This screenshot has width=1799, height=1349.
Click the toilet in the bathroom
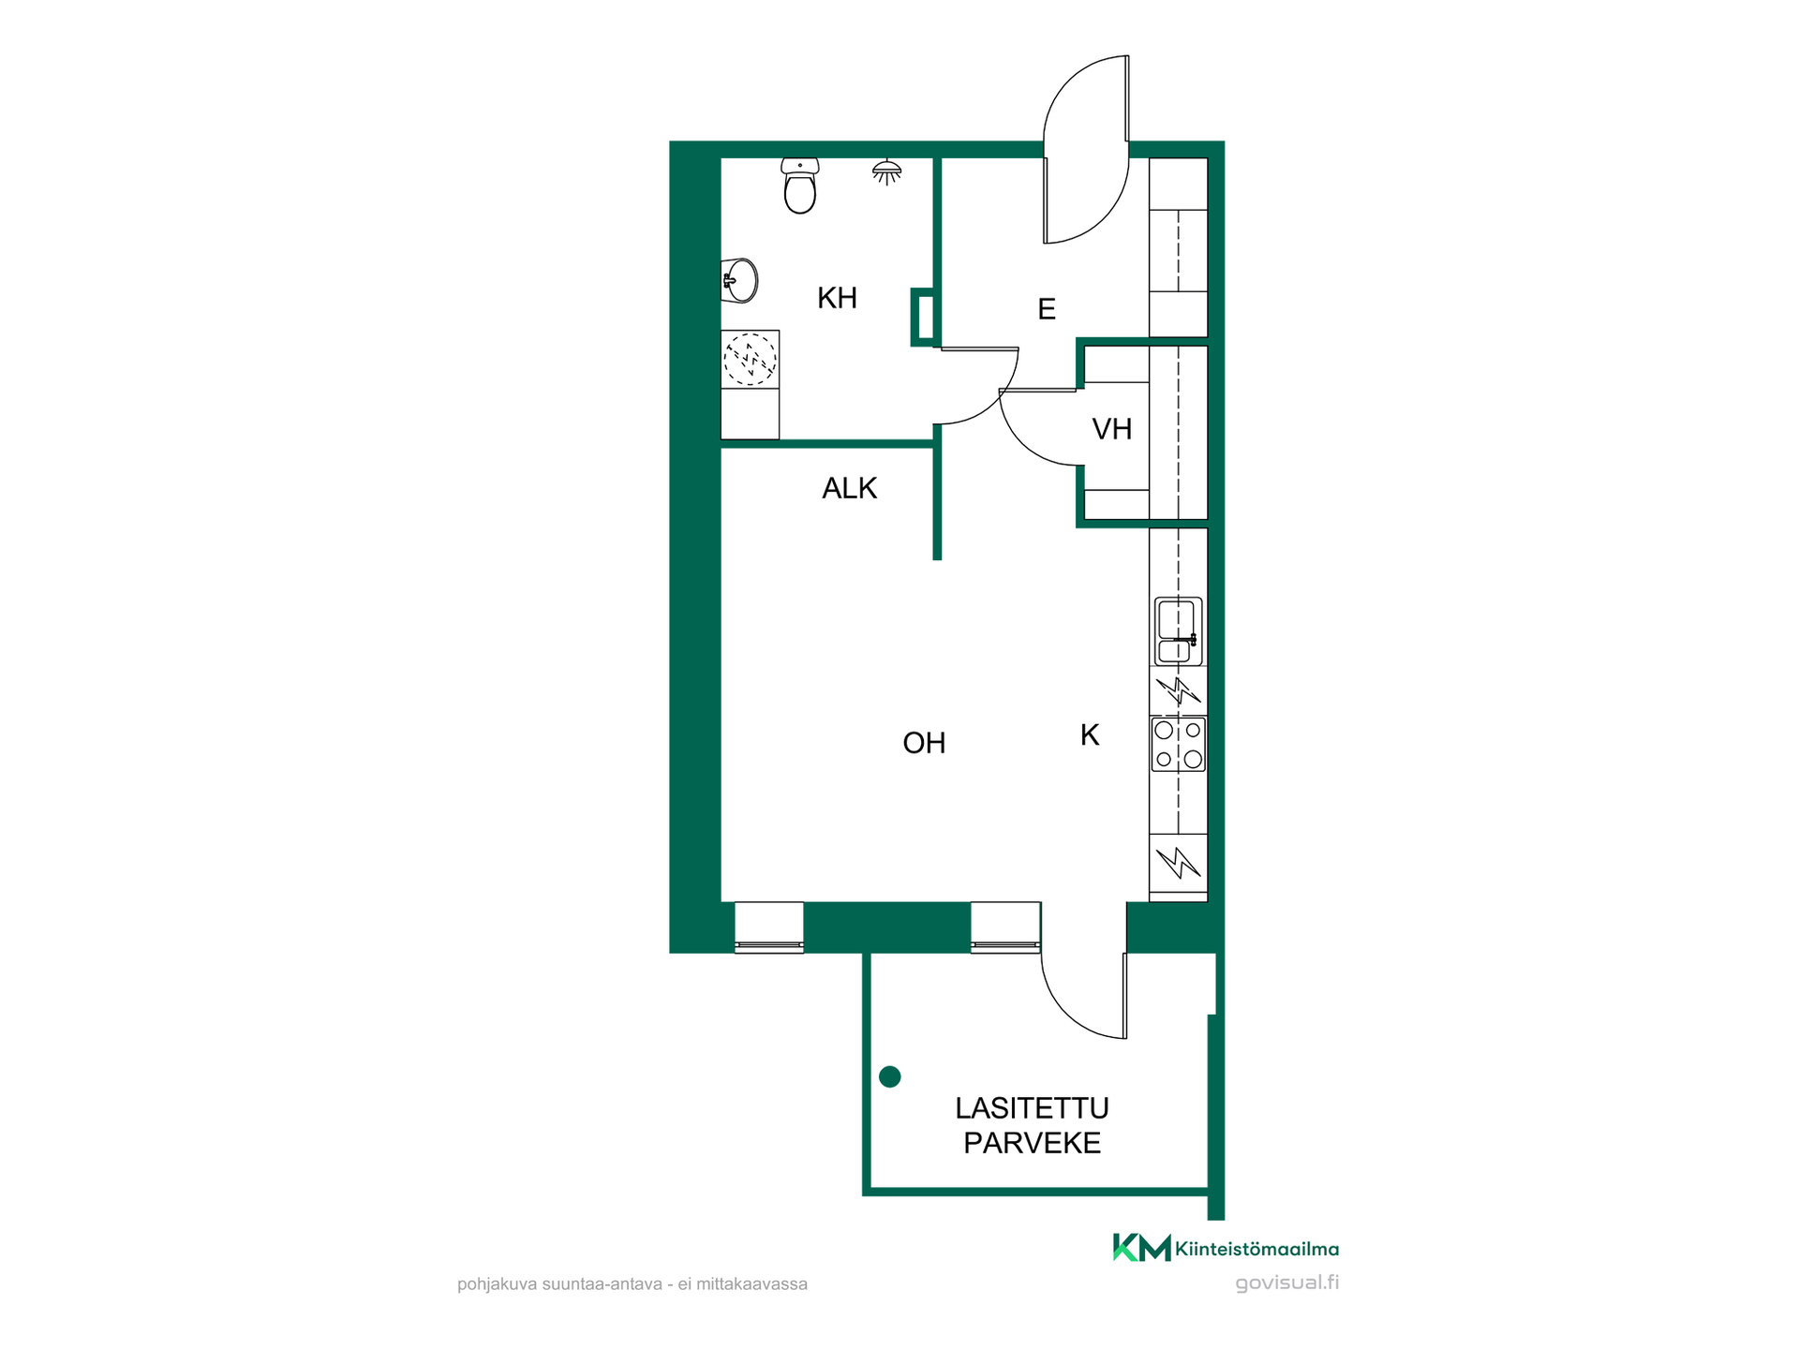[800, 185]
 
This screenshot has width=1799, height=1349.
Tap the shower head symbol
[886, 172]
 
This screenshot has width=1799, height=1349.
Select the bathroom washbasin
[739, 280]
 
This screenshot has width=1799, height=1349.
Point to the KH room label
[837, 298]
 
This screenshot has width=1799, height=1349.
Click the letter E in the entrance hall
[1047, 309]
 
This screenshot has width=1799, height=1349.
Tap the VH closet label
[1112, 429]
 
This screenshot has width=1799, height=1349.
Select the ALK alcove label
[849, 488]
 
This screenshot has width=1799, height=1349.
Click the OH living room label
[924, 743]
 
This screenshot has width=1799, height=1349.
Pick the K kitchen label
[1090, 735]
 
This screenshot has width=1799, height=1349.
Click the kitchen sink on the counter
[1178, 631]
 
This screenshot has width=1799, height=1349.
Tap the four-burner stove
[1179, 745]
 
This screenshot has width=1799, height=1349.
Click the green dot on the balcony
[890, 1077]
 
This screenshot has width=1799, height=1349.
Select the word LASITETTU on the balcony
[1032, 1108]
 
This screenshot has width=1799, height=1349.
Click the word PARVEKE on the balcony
[1032, 1143]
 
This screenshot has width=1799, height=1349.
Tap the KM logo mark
[1141, 1248]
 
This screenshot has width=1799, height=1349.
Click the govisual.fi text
[1286, 1283]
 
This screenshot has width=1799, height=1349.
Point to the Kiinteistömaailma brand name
[1256, 1249]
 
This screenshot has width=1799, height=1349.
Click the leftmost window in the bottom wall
[769, 927]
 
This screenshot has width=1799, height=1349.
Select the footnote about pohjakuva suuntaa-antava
[632, 1284]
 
